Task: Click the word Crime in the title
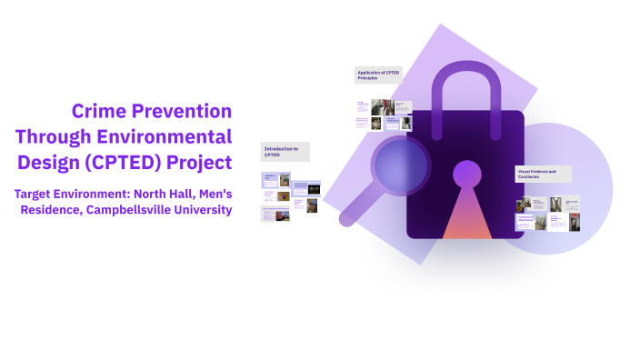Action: pyautogui.click(x=98, y=112)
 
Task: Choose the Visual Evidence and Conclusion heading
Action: pyautogui.click(x=543, y=173)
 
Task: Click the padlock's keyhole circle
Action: pyautogui.click(x=466, y=173)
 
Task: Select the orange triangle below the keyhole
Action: pyautogui.click(x=466, y=218)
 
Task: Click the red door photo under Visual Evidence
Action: pyautogui.click(x=524, y=206)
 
